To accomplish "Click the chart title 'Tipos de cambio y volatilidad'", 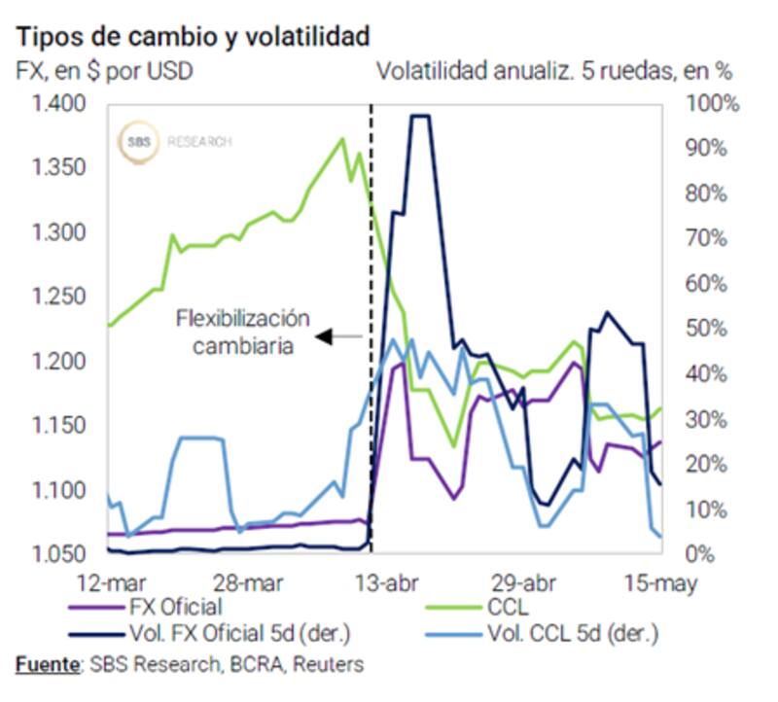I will tap(193, 37).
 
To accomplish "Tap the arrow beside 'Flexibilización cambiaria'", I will tap(339, 337).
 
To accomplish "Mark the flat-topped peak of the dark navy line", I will tap(420, 116).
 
